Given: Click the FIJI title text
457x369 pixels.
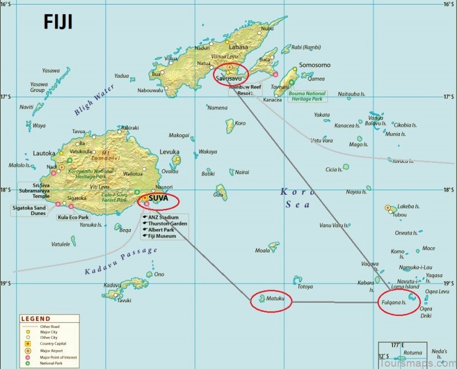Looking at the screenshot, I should pos(58,21).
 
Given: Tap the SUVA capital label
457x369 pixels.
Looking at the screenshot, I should pos(158,199).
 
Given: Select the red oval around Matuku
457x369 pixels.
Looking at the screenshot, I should pos(271,299).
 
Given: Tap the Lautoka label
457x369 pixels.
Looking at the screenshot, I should pos(44,153).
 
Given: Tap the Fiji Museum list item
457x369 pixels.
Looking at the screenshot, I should pos(162,235).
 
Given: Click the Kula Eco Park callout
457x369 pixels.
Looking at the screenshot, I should pos(73,218).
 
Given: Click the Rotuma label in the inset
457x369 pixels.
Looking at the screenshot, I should pos(412,353).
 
